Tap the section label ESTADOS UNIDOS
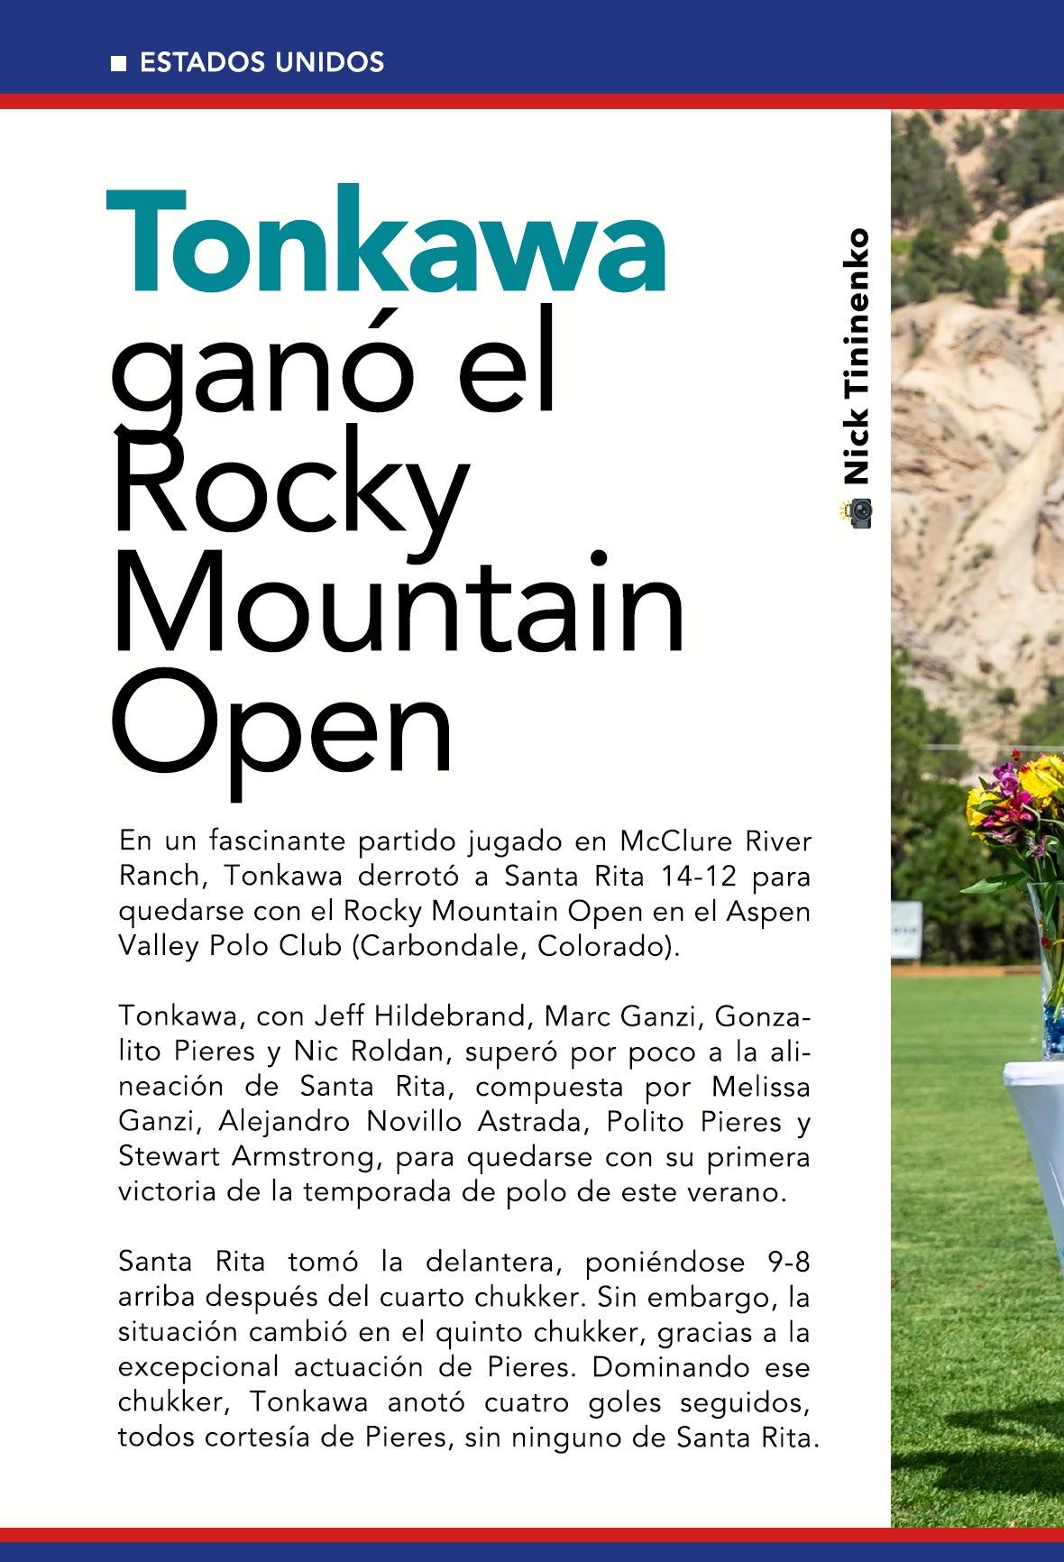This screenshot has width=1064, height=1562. [262, 63]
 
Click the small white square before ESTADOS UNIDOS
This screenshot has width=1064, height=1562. [117, 64]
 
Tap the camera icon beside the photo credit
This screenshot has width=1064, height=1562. [858, 513]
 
